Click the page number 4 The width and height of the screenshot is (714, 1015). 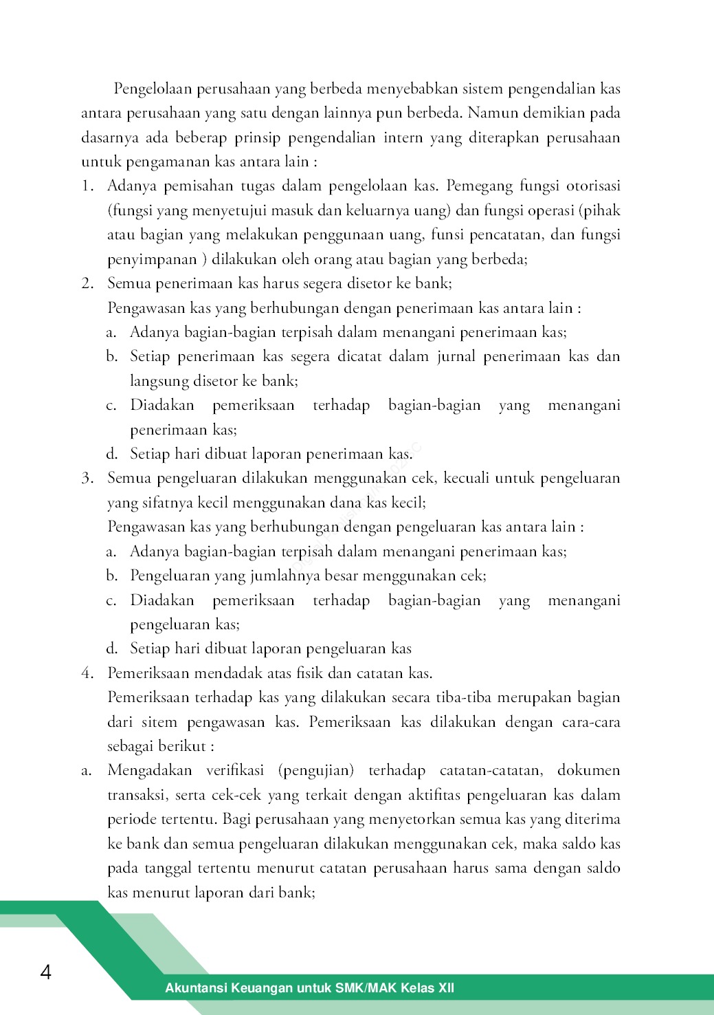(x=46, y=972)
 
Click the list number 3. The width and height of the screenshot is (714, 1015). (x=87, y=478)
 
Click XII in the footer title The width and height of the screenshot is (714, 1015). (x=445, y=988)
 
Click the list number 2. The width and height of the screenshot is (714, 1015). (x=87, y=283)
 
